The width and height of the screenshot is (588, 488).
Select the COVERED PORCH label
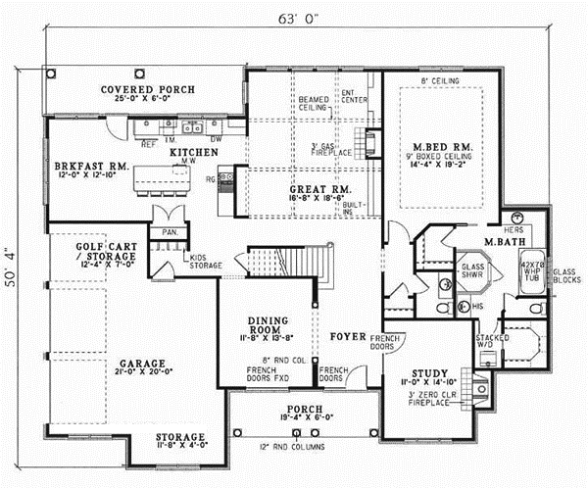click(148, 89)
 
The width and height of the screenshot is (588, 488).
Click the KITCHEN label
click(192, 153)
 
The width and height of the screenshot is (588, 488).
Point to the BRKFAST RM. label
click(80, 168)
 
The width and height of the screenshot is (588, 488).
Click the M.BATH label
click(506, 240)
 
